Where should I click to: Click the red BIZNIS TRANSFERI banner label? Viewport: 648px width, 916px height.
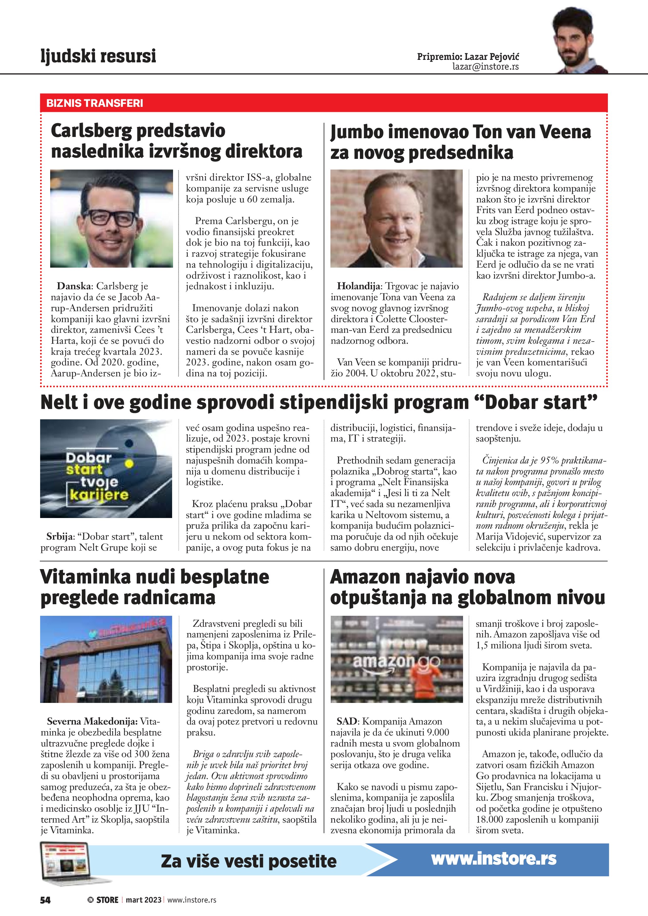tap(95, 103)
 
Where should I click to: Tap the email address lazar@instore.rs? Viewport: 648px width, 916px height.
tap(485, 67)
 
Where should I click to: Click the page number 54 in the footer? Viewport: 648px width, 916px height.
tap(45, 900)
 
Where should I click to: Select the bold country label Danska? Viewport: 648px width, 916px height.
tap(74, 286)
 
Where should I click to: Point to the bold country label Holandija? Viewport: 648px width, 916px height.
tap(359, 286)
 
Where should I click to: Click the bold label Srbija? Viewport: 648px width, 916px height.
tap(60, 537)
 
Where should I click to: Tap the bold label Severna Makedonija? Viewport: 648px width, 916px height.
tap(92, 721)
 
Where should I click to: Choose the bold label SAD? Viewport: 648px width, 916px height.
tap(346, 721)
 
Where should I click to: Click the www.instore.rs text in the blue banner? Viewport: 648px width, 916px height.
tap(493, 859)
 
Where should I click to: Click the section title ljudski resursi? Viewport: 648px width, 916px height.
tap(98, 56)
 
